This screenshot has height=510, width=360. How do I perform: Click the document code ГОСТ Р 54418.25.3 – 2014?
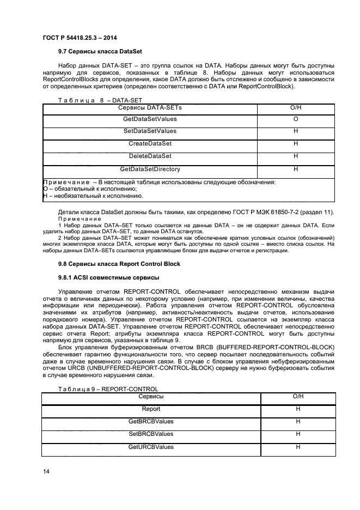(80, 37)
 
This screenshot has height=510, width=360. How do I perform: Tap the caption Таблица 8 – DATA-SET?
(92, 100)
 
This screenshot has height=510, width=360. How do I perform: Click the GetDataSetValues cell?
(150, 119)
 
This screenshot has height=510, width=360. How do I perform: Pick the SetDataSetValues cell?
(150, 131)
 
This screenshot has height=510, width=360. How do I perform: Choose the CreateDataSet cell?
(150, 144)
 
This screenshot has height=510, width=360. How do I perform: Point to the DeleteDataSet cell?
(150, 156)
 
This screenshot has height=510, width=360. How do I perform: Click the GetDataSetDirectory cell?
(150, 169)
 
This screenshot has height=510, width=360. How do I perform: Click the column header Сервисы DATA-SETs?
(150, 108)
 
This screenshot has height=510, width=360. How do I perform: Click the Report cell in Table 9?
(151, 409)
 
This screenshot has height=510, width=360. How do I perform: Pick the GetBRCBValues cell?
(151, 421)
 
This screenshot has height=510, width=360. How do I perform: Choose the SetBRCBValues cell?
(151, 434)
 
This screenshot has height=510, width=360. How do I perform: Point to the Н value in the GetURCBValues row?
(298, 447)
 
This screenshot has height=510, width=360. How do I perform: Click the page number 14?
(46, 472)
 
